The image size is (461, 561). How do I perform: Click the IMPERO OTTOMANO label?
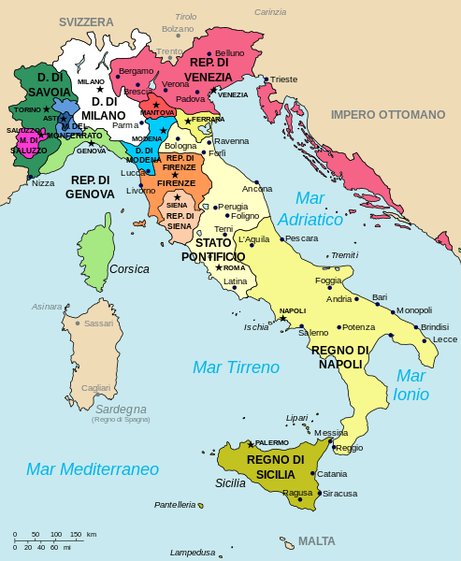(388, 114)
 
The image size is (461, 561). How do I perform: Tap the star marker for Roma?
(218, 268)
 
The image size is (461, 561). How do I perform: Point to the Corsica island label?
(129, 269)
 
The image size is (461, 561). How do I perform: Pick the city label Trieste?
(284, 79)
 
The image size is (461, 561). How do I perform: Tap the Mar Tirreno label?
(236, 367)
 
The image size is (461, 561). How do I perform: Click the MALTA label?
(316, 541)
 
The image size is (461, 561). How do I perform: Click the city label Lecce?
(445, 339)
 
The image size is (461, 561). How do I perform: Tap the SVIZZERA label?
(85, 21)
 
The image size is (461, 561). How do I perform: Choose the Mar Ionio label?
(411, 384)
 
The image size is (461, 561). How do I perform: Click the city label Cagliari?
(95, 388)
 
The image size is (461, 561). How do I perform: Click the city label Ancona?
(257, 189)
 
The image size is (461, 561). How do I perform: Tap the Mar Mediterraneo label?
(92, 468)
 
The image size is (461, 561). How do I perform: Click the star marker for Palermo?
(251, 442)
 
